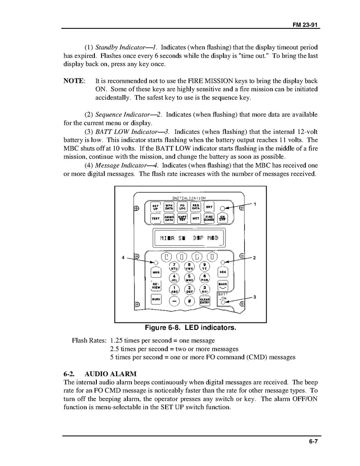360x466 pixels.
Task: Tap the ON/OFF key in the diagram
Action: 223,218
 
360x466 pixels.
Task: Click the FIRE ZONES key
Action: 209,218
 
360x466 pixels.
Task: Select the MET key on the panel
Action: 196,218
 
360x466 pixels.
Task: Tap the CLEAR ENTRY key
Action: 205,301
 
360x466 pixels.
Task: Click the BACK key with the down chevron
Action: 223,286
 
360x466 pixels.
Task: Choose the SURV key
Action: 156,300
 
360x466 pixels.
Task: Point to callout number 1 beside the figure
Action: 255,204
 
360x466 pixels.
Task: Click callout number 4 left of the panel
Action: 123,258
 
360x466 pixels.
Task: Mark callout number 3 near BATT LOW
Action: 254,297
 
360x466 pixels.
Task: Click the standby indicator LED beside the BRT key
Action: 222,208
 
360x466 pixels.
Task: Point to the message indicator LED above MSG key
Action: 155,262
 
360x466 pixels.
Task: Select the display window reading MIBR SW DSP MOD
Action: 189,238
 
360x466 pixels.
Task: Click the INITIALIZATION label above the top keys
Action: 189,198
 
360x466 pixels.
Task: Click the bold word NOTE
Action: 74,81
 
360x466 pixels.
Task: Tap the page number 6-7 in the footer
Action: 314,441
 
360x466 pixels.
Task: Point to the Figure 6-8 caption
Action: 190,328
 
